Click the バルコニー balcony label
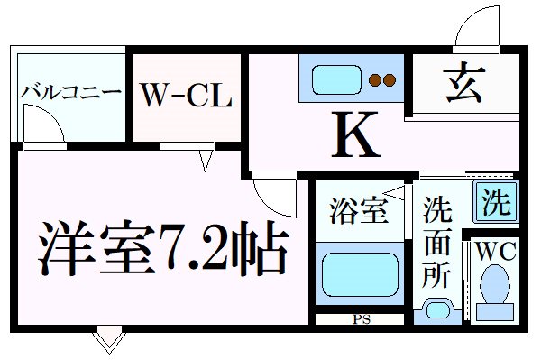click(70, 92)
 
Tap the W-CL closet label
click(187, 94)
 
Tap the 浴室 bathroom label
click(357, 214)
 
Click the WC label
click(494, 252)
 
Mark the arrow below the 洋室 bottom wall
click(107, 341)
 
